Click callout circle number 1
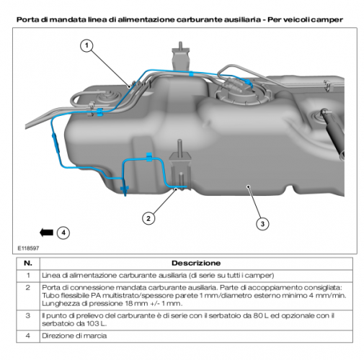tap(86, 45)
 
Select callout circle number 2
tap(148, 218)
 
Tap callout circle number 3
tap(262, 224)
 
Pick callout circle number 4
tap(63, 233)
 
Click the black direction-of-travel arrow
tap(46, 233)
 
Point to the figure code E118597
tap(28, 248)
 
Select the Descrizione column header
tap(196, 263)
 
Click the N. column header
tap(28, 263)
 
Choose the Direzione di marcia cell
tap(74, 336)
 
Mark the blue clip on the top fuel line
tap(191, 73)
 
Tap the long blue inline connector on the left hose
tap(55, 142)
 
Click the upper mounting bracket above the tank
tap(180, 57)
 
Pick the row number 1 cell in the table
tap(28, 275)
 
